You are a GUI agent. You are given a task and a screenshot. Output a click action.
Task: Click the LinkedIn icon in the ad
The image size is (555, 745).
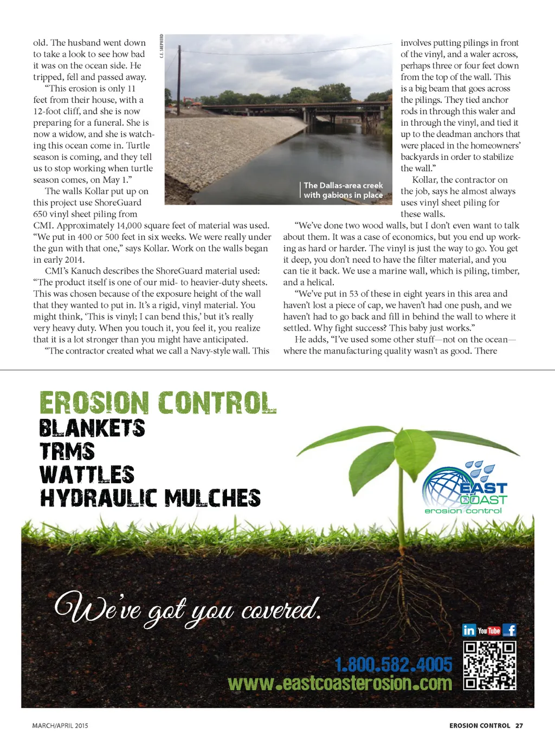tap(469, 630)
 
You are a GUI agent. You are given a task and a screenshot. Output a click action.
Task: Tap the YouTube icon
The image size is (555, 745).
tap(489, 631)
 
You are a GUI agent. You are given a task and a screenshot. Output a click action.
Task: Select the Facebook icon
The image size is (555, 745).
tap(509, 630)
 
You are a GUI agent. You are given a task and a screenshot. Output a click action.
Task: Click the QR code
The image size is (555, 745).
tap(489, 665)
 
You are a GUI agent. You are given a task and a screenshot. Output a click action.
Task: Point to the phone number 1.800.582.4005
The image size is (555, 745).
tap(393, 664)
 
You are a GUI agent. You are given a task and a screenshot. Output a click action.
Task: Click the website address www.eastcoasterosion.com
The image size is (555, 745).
tap(340, 683)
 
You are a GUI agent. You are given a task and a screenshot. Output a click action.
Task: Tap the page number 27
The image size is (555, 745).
tap(519, 725)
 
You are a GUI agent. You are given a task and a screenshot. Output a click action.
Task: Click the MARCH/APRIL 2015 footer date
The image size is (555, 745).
tap(60, 725)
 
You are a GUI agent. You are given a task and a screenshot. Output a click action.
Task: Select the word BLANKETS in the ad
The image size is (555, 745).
tap(92, 428)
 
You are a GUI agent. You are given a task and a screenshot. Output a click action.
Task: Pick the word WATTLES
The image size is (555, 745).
tap(87, 475)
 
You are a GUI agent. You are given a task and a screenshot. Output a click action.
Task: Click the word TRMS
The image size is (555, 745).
tap(67, 451)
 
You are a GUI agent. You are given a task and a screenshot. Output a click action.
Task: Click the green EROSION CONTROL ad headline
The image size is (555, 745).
tap(158, 404)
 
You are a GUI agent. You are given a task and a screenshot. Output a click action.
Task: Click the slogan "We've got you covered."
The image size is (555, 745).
tap(187, 610)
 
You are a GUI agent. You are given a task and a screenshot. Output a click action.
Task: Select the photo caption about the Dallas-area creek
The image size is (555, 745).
tap(343, 190)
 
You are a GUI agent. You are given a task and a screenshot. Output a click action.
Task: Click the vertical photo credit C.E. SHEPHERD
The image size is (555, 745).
tap(162, 46)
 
